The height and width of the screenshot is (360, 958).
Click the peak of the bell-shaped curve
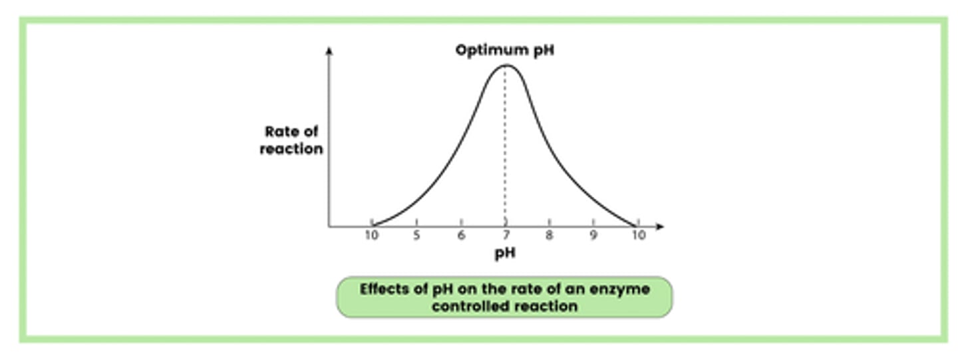click(506, 65)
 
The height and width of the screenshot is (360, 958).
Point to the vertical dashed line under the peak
click(506, 146)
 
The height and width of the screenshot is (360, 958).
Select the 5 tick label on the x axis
click(416, 236)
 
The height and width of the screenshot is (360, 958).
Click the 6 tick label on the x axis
click(461, 236)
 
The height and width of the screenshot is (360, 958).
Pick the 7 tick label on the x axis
click(506, 236)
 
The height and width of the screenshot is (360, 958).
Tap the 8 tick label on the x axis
click(550, 236)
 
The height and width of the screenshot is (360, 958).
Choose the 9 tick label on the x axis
click(593, 236)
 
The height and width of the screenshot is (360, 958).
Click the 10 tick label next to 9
click(638, 236)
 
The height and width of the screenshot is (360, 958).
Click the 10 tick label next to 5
click(372, 236)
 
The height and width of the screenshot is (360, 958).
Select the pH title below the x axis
click(505, 254)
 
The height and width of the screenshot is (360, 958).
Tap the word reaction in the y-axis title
click(291, 149)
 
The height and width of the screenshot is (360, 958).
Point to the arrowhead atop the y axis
click(329, 50)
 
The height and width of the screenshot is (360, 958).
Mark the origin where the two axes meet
click(329, 227)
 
